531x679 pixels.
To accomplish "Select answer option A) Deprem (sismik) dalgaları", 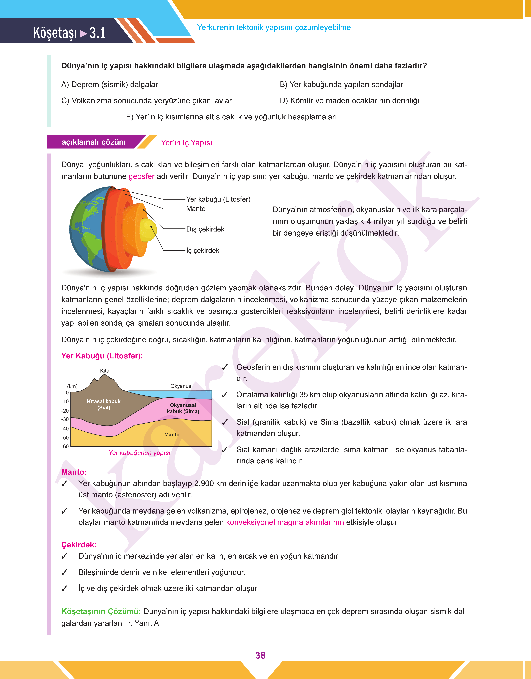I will [111, 85].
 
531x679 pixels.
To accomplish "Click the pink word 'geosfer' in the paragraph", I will [141, 176].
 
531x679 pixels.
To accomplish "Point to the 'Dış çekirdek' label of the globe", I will [205, 229].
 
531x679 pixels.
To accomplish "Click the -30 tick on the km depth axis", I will [65, 419].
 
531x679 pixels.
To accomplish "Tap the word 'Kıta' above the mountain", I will [105, 371].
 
